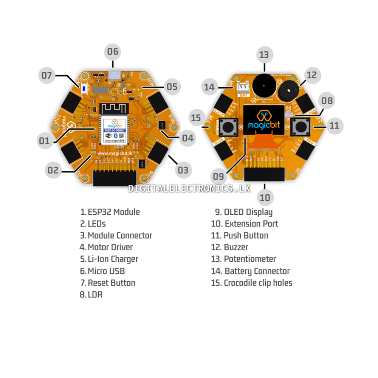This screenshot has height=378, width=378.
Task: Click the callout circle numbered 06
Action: [113, 51]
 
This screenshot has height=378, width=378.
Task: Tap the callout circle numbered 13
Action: [264, 55]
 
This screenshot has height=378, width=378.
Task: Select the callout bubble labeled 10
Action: [265, 197]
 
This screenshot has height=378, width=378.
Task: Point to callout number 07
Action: [46, 76]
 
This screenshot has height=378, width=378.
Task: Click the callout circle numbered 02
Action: [53, 170]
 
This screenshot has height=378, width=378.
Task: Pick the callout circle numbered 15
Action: [196, 118]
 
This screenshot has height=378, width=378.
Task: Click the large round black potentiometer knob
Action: [263, 85]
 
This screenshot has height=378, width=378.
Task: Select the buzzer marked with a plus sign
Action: [289, 91]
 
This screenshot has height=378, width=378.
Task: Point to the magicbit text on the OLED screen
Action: [263, 125]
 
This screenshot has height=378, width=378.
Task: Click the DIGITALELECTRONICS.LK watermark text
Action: [189, 188]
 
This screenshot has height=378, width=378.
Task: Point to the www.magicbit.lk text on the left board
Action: [115, 153]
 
